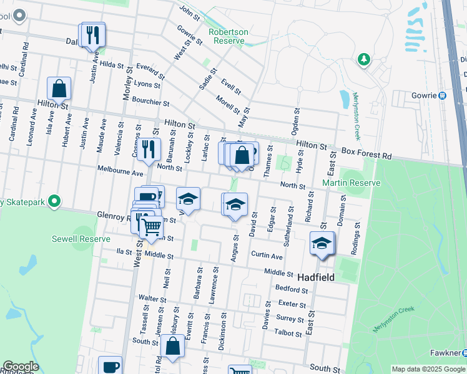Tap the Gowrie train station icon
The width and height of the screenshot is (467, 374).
click(x=442, y=95)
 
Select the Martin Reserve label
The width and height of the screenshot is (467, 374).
click(x=350, y=183)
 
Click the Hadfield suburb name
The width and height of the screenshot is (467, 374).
click(x=315, y=277)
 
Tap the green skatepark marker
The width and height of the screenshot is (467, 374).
click(x=55, y=201)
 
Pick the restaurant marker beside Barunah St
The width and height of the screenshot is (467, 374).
click(x=148, y=148)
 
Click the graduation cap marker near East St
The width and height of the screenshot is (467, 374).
click(x=322, y=242)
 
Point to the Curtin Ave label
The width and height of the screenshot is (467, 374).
click(x=267, y=256)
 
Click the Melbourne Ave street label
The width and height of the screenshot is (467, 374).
click(x=120, y=170)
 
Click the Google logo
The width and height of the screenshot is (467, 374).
click(x=20, y=367)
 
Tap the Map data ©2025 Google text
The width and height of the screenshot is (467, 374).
click(x=428, y=368)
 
